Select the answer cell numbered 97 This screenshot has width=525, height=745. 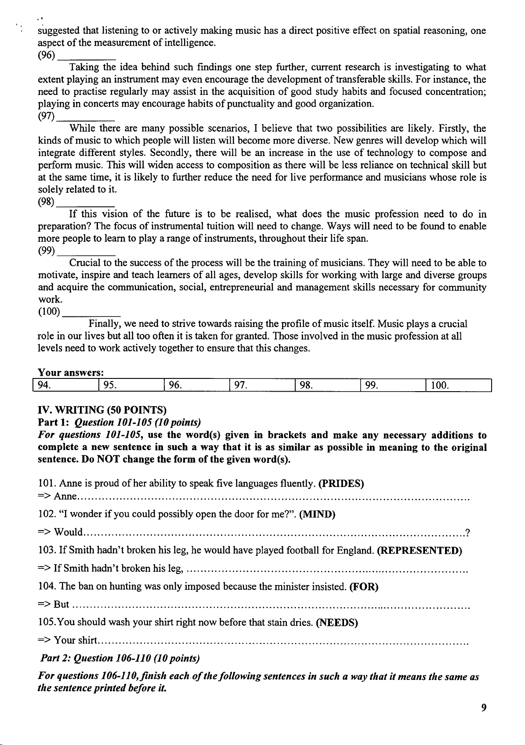[262, 385]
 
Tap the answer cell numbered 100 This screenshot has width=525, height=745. [458, 385]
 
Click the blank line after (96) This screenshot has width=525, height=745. [87, 57]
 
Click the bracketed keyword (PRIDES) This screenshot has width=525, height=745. [340, 484]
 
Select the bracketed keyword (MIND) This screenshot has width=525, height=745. [317, 515]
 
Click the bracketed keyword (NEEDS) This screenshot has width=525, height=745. [337, 622]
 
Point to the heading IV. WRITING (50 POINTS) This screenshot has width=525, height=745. [102, 411]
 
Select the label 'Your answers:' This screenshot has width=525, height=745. [71, 373]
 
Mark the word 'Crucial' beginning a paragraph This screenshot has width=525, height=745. [84, 263]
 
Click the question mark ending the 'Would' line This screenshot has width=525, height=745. [468, 533]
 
